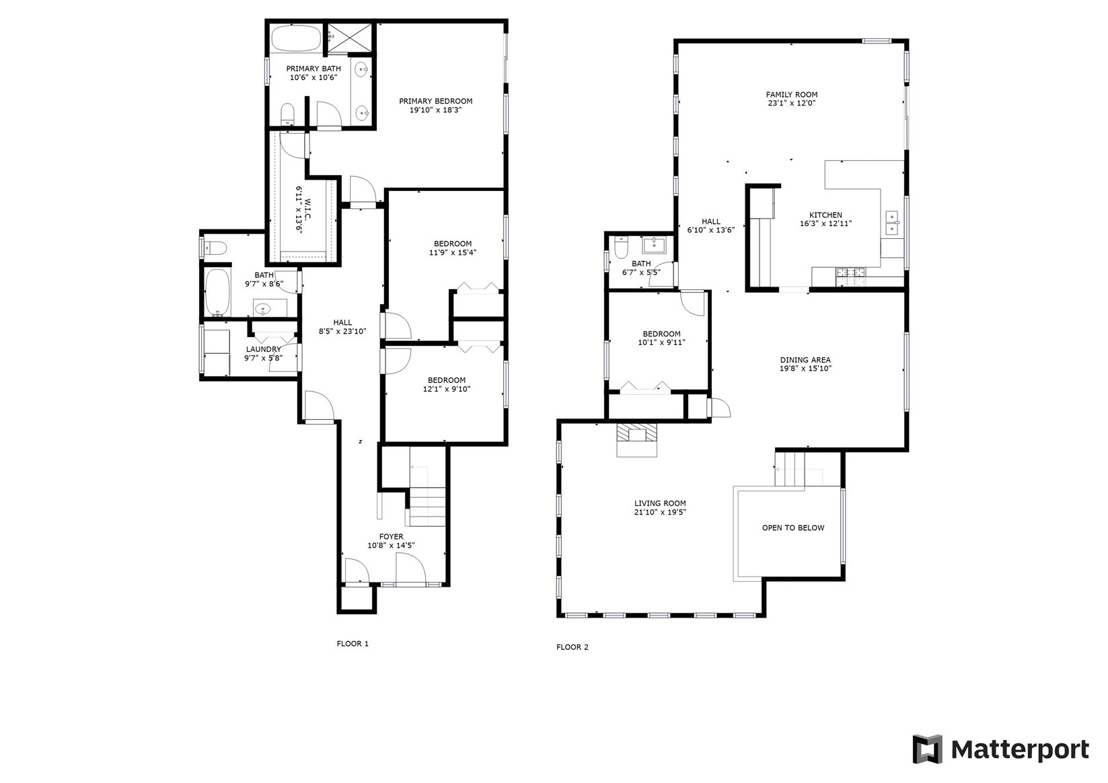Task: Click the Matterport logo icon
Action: click(x=928, y=749)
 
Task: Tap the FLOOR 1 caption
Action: click(x=353, y=644)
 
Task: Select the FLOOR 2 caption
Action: click(x=573, y=647)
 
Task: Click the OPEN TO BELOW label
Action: click(x=793, y=528)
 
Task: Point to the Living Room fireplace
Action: click(x=636, y=439)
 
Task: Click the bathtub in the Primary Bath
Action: click(x=296, y=38)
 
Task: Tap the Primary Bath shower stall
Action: click(x=348, y=38)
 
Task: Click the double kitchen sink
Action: click(x=892, y=223)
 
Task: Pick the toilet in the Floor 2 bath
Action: click(x=621, y=247)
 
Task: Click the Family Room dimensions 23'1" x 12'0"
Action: click(x=791, y=103)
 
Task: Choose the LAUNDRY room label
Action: click(x=263, y=349)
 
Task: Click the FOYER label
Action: click(x=392, y=537)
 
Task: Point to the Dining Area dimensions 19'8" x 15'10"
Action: click(x=805, y=369)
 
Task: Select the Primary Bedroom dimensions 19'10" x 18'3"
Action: click(x=436, y=110)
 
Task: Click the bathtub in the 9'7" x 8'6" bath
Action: click(x=218, y=292)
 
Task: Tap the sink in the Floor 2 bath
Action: click(x=654, y=245)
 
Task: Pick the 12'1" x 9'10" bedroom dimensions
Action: click(x=447, y=389)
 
